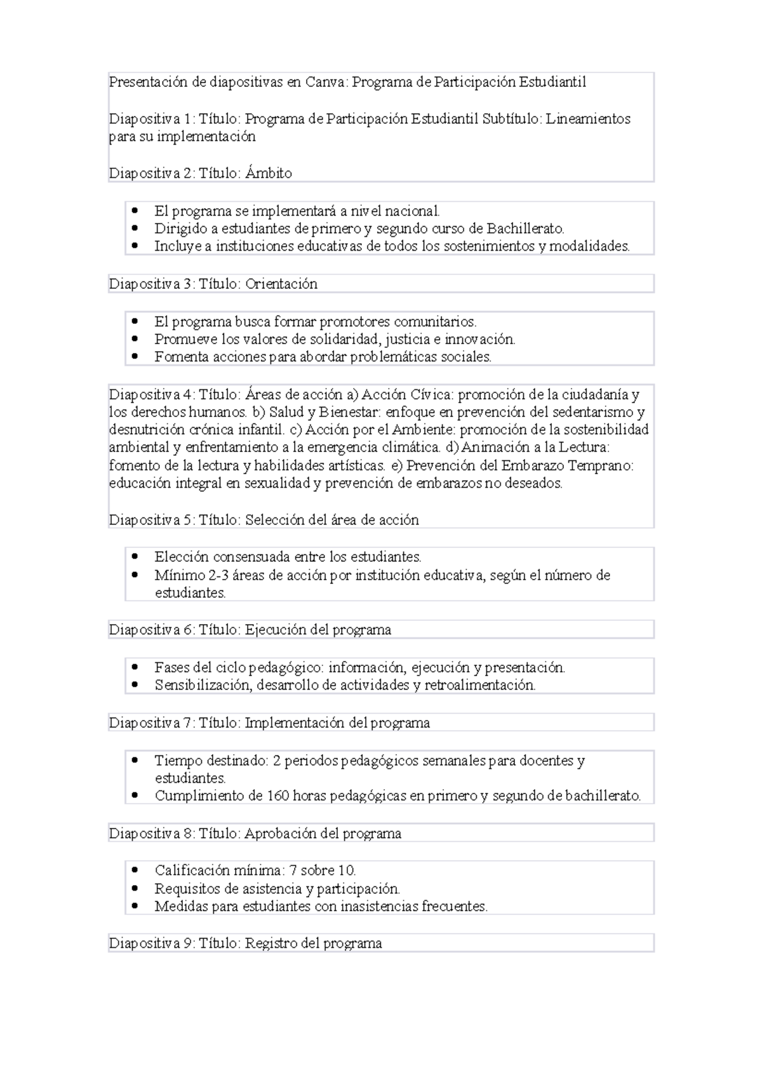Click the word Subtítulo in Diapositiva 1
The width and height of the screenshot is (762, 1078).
tap(511, 119)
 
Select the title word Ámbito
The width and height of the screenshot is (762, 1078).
tap(268, 173)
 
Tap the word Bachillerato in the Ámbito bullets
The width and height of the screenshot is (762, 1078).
tap(525, 229)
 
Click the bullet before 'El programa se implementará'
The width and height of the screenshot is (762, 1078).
tap(134, 210)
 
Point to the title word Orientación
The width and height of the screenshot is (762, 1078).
tap(281, 284)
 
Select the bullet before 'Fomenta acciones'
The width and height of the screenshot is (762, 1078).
tap(134, 357)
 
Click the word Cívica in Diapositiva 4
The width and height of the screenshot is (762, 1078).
tap(433, 395)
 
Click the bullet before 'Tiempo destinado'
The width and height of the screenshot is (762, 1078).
tap(134, 761)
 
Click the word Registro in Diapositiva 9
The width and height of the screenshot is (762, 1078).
tap(271, 943)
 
